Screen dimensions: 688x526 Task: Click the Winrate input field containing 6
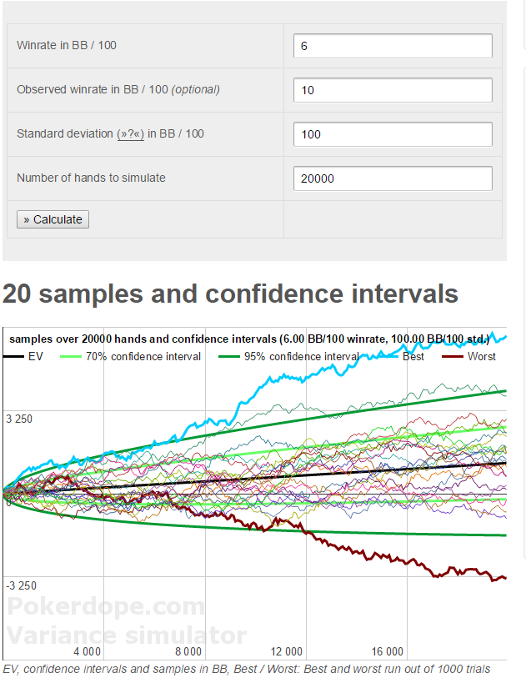(393, 46)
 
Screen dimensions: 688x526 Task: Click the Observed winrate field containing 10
(393, 90)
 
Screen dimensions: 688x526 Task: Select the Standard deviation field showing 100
(393, 134)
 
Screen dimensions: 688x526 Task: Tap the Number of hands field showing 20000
(393, 178)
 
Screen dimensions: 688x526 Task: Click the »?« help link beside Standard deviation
(131, 134)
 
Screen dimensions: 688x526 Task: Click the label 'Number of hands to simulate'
(91, 178)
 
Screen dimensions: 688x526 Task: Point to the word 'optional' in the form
(196, 90)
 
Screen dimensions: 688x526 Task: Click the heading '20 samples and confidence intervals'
(230, 294)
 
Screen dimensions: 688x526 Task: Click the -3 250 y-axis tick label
(20, 585)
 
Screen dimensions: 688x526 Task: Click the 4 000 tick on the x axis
(88, 651)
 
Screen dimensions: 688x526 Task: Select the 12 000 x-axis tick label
(287, 651)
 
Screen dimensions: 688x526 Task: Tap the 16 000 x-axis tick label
(387, 651)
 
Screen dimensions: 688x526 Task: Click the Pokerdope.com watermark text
(105, 606)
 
